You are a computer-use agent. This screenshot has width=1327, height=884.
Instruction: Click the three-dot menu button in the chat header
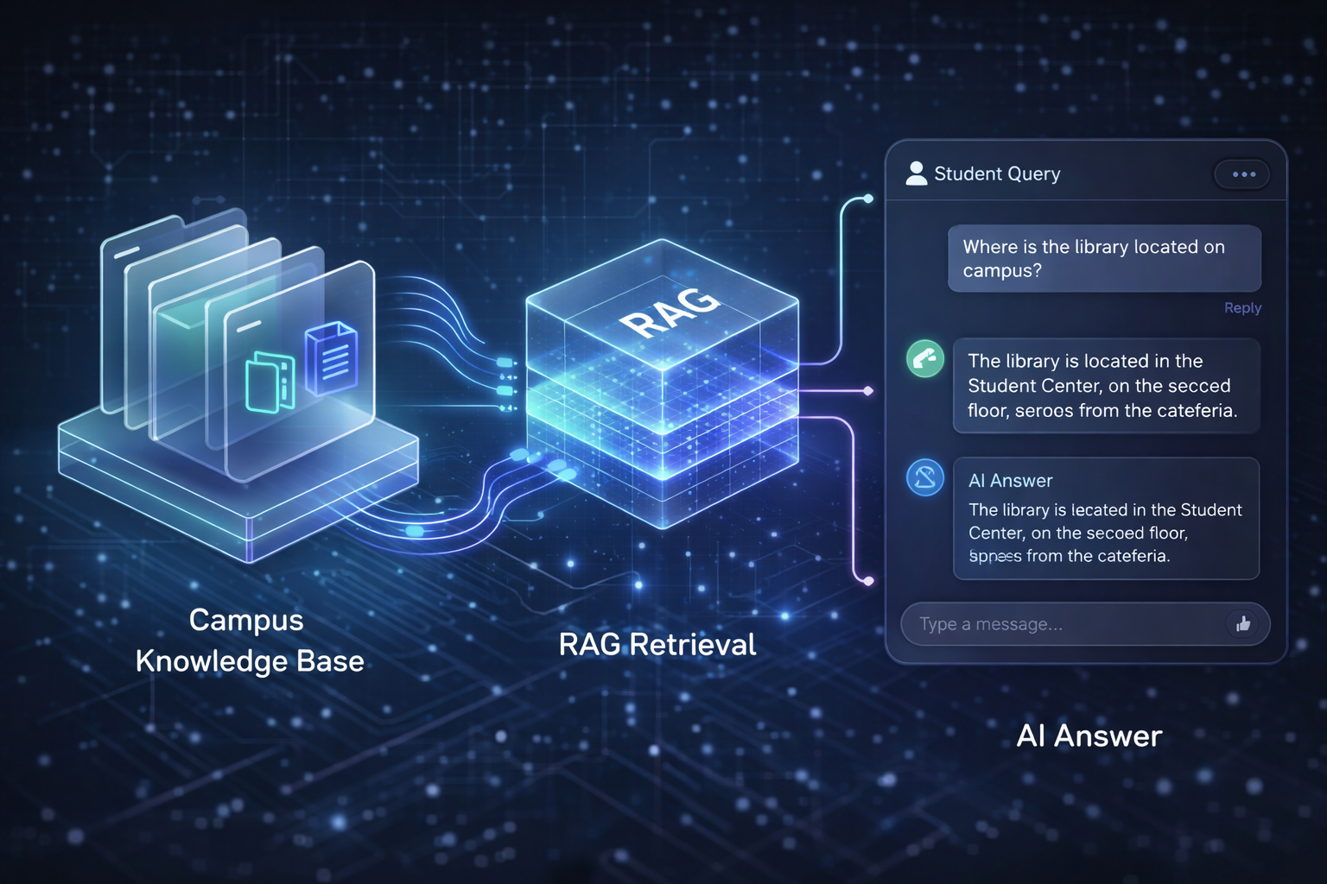tap(1243, 174)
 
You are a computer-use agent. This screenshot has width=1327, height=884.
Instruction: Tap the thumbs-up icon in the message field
tap(1243, 623)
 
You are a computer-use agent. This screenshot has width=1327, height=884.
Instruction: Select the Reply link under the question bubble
tap(1242, 308)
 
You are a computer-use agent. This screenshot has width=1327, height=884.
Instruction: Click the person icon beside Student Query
tap(916, 174)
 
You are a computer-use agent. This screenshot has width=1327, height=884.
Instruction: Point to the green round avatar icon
tap(924, 358)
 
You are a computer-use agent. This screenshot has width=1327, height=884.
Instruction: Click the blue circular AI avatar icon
tap(924, 477)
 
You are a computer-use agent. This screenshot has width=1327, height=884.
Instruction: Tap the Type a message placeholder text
tap(991, 624)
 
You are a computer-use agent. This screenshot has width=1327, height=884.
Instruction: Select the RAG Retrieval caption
tap(657, 644)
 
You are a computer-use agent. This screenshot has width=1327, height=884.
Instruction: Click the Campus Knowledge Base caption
tap(249, 641)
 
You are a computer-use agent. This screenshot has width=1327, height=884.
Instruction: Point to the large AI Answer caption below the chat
tap(1089, 736)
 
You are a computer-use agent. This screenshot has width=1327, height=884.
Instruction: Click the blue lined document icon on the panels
tap(332, 357)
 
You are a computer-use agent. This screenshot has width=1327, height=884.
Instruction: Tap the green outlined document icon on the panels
tap(270, 382)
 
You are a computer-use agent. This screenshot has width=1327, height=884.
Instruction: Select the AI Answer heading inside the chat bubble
tap(1010, 481)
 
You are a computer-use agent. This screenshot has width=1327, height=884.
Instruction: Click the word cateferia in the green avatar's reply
tap(1197, 411)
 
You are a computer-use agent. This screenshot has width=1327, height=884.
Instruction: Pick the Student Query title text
tap(997, 174)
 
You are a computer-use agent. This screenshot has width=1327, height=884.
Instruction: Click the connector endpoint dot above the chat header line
tap(868, 199)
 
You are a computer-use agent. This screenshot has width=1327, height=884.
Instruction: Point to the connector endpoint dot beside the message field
tap(868, 581)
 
